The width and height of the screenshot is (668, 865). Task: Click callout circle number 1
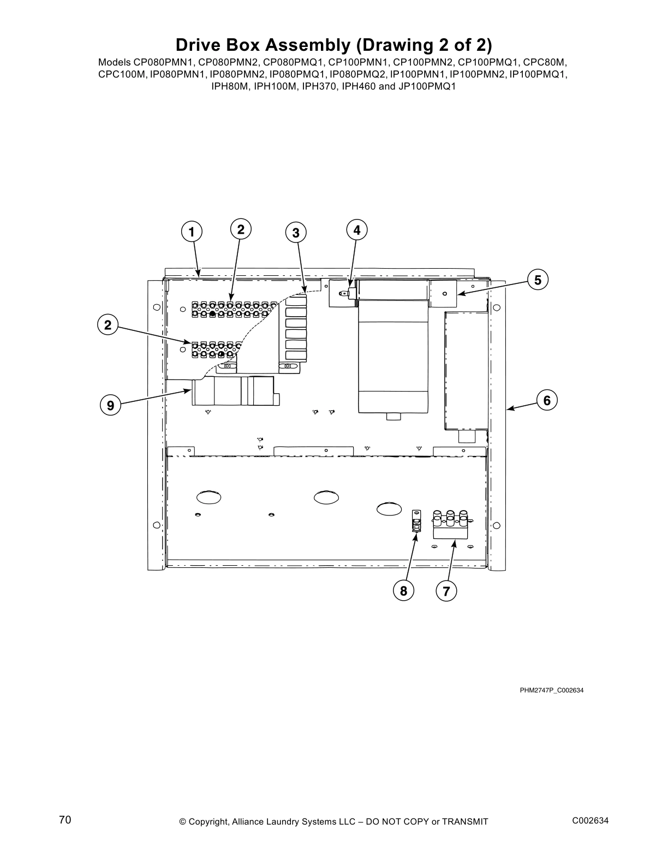[191, 232]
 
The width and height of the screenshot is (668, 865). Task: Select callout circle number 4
[356, 230]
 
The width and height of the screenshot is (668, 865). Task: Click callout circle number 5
[538, 280]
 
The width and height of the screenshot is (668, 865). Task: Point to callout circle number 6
[547, 400]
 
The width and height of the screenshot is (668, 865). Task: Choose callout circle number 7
[446, 591]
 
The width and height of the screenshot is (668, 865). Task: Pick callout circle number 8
[403, 591]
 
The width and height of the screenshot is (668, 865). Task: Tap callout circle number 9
[110, 406]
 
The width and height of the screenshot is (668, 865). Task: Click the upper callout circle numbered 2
[241, 229]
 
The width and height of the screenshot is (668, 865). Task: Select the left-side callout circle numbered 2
[108, 325]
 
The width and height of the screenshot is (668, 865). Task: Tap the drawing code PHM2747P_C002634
[551, 690]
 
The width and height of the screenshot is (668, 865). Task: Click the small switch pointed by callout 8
[416, 522]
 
